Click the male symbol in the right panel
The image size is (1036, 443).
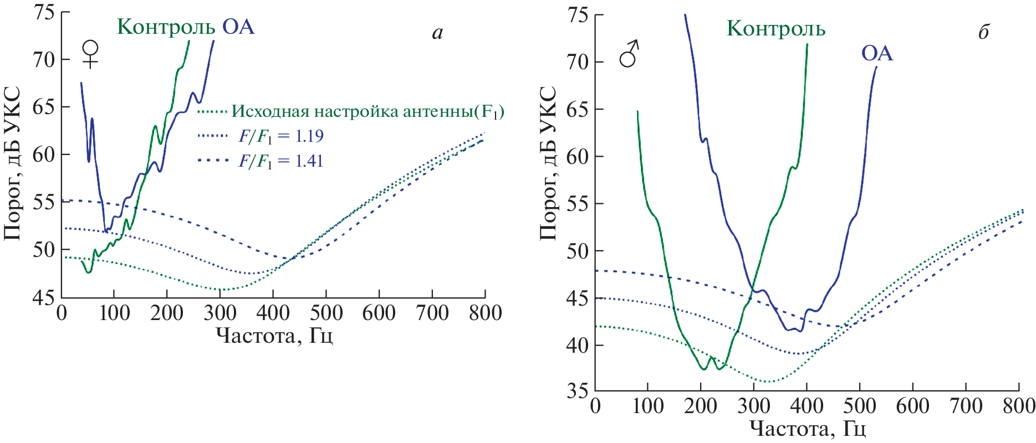(629, 54)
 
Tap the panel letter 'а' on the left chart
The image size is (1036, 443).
(437, 34)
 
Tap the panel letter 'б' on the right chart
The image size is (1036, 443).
(983, 33)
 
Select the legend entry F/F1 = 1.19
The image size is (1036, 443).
(280, 136)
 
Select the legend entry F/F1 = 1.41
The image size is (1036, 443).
(280, 161)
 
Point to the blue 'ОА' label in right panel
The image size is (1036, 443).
(877, 54)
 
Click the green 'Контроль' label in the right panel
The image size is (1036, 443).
(776, 29)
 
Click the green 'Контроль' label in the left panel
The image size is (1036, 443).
(166, 27)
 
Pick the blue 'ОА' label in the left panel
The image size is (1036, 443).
(239, 27)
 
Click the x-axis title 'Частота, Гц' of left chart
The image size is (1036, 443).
(274, 336)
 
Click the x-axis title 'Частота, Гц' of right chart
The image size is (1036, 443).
(808, 428)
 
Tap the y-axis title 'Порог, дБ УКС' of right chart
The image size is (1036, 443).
(548, 163)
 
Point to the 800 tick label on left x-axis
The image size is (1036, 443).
(485, 313)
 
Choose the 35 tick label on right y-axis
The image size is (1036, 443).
(577, 391)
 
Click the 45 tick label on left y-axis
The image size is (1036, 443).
(43, 297)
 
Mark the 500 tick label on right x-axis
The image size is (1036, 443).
(859, 406)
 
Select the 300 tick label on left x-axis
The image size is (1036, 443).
(220, 313)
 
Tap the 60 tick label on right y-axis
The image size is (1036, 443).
(577, 157)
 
